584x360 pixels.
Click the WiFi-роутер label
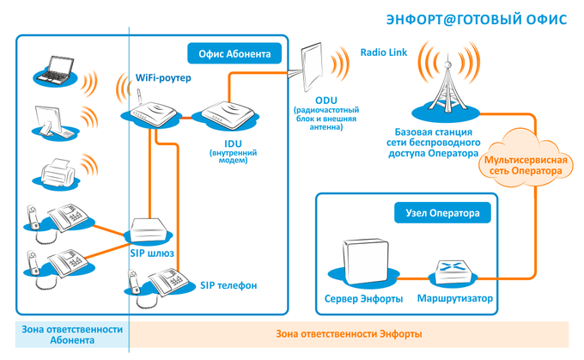click(x=163, y=78)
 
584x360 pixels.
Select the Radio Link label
click(x=384, y=52)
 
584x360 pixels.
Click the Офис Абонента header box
click(x=234, y=54)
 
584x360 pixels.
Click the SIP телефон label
click(x=228, y=284)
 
